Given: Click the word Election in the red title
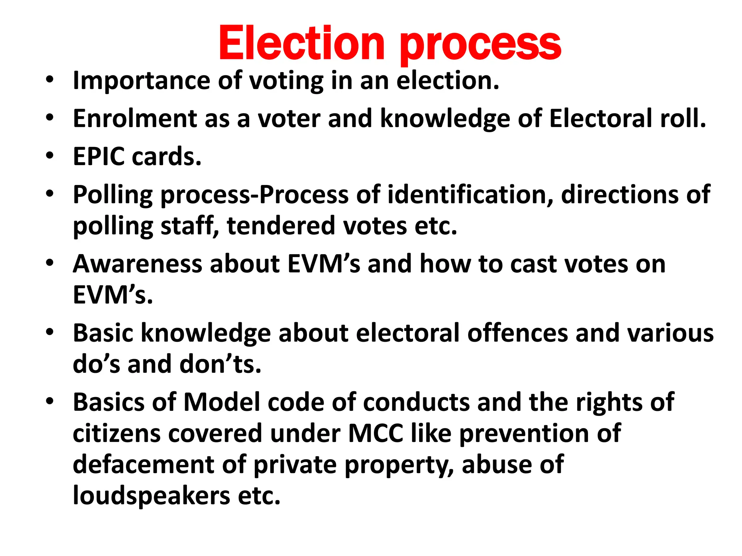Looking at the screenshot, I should pos(301,43).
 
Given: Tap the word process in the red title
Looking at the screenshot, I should pos(480,45).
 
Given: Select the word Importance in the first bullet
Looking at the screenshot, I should pos(141,81).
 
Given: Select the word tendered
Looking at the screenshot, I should pos(281,226).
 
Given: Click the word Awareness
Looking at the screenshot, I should pos(137,264).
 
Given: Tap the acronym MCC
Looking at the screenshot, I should pos(376,433).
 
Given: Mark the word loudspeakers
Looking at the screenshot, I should pos(151,496).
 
